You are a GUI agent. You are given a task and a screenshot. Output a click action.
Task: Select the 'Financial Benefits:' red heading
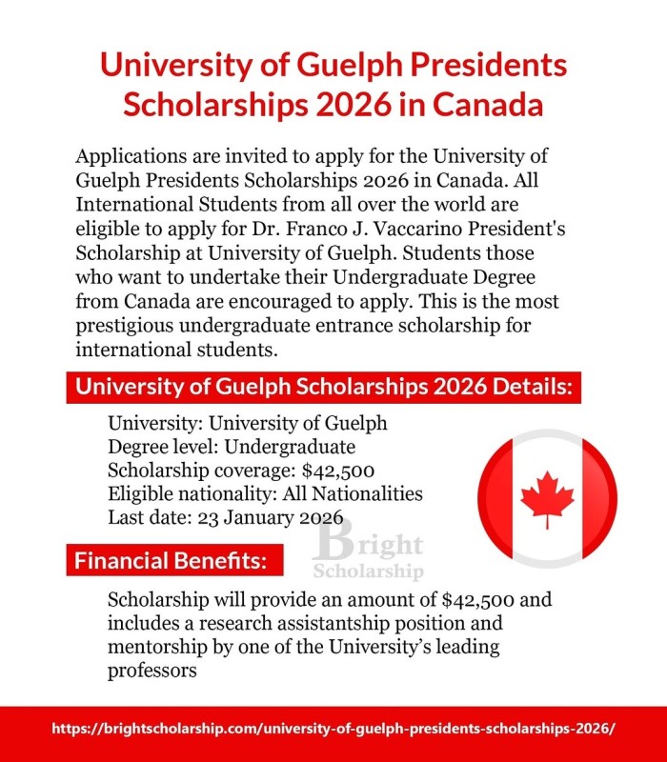point(170,560)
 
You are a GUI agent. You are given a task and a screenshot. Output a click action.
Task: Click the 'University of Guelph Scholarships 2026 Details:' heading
point(323,389)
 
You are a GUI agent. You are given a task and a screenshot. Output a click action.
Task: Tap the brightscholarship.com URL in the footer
point(333,728)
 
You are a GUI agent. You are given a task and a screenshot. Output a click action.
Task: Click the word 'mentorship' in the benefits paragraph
point(156,649)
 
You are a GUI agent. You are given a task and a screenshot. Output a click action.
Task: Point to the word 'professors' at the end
point(152,672)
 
